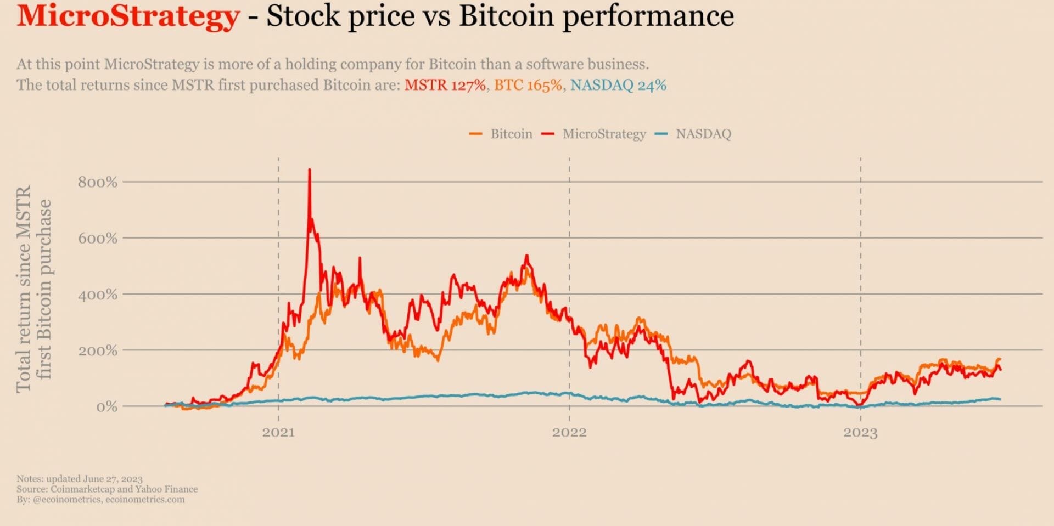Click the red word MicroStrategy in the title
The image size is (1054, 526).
(128, 16)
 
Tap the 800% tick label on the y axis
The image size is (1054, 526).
(98, 182)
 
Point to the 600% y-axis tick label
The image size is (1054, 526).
(98, 239)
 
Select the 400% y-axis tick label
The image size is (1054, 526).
(98, 295)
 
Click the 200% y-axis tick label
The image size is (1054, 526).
(98, 351)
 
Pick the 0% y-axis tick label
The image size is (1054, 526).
(106, 407)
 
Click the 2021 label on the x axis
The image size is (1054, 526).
(278, 432)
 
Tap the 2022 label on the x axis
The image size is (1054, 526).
(569, 432)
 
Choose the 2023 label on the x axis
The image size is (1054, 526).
(860, 433)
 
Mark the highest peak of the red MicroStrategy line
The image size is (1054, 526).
(309, 170)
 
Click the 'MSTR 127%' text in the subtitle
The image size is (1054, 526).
(445, 85)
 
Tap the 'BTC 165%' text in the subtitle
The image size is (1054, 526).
(528, 85)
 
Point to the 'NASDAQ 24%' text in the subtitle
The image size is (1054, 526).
(618, 85)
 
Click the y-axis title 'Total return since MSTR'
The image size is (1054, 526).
(24, 289)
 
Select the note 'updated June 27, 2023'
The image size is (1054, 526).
(80, 479)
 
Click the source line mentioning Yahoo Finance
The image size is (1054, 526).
(107, 489)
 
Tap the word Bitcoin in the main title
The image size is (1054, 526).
(507, 16)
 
